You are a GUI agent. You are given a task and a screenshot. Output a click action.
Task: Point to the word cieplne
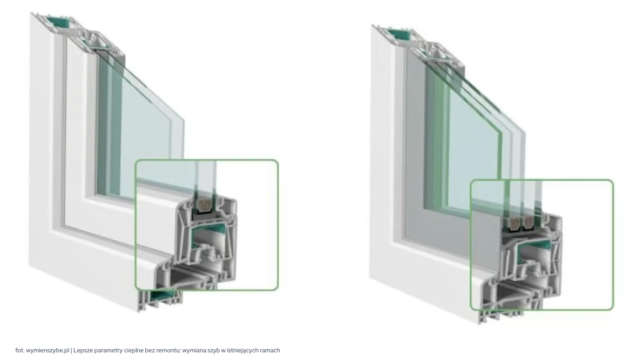[x=129, y=351]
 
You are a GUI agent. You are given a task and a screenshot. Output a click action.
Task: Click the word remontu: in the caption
[x=169, y=350]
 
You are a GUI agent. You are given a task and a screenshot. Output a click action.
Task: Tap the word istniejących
[x=242, y=351]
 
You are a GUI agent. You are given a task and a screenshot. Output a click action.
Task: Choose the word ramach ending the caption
[x=270, y=350]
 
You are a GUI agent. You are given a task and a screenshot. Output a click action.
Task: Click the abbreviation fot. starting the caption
[x=20, y=350]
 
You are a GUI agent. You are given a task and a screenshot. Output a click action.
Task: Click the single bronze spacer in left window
[x=205, y=205]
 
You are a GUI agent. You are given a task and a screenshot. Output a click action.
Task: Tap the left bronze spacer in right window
[x=514, y=222]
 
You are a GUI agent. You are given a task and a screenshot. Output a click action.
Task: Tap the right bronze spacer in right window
[x=530, y=221]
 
